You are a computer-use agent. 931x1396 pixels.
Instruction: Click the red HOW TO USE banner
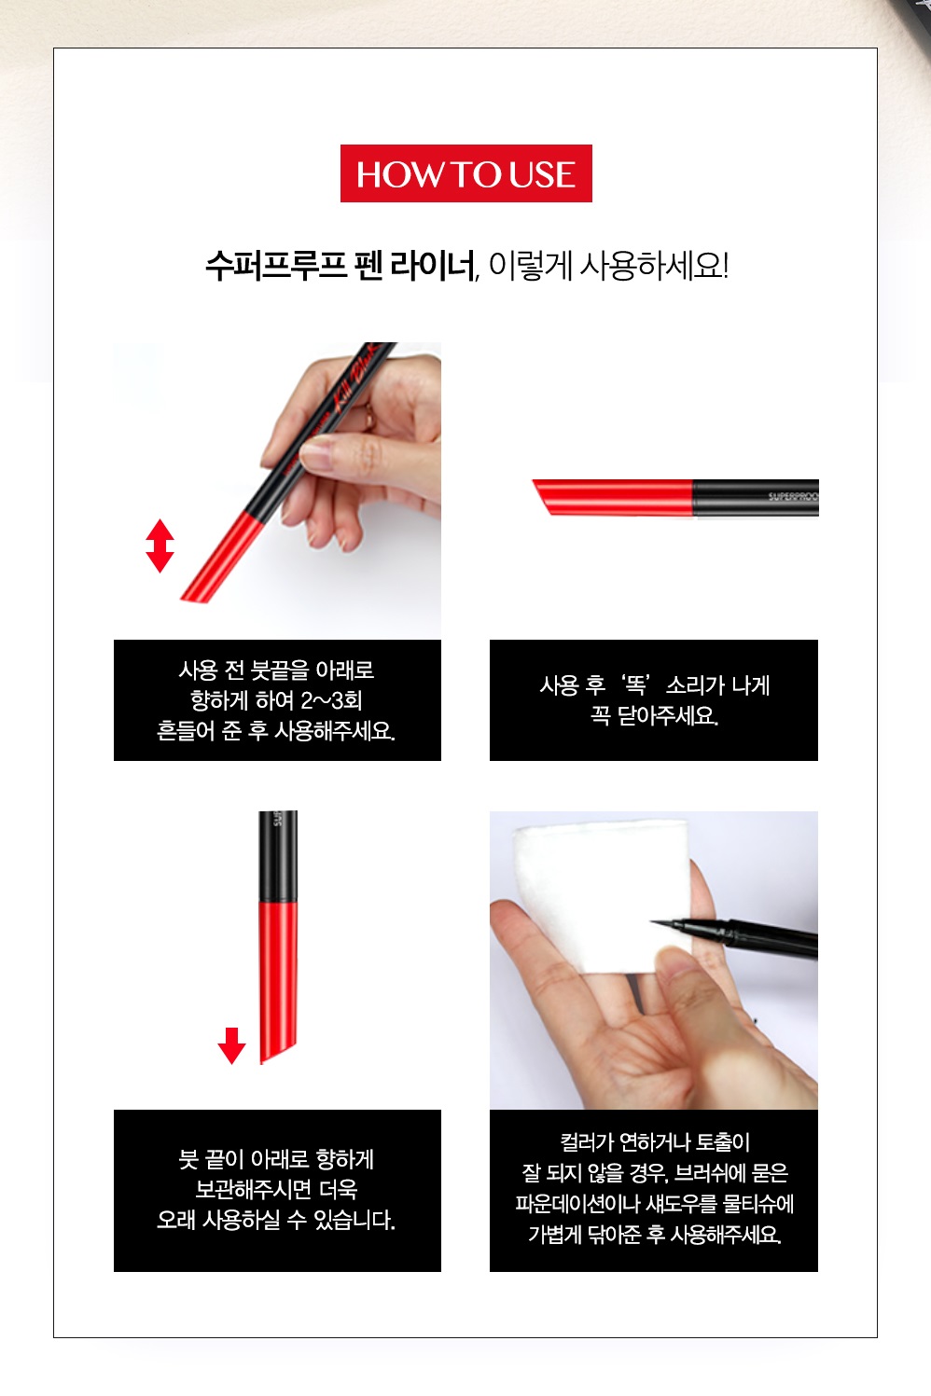tap(465, 173)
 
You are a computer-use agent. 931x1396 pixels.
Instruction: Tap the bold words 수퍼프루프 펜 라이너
tap(340, 266)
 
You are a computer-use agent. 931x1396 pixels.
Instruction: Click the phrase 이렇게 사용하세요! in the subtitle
tap(608, 266)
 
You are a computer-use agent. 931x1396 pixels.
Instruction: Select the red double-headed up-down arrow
tap(160, 546)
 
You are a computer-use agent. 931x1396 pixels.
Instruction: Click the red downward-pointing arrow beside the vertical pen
tap(231, 1045)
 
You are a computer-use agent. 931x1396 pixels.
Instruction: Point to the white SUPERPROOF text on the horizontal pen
tap(793, 497)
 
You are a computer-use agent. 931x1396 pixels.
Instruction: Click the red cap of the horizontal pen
tap(613, 497)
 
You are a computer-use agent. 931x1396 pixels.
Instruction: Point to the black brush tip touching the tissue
tap(667, 924)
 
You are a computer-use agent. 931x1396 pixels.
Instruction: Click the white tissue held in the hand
tap(602, 898)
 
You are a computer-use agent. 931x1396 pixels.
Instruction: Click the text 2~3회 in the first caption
tap(331, 700)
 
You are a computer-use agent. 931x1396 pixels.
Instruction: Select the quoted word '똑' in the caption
tap(636, 684)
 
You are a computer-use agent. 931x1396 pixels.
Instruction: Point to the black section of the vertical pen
tap(278, 856)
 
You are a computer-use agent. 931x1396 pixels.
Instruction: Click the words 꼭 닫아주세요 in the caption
tap(654, 715)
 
